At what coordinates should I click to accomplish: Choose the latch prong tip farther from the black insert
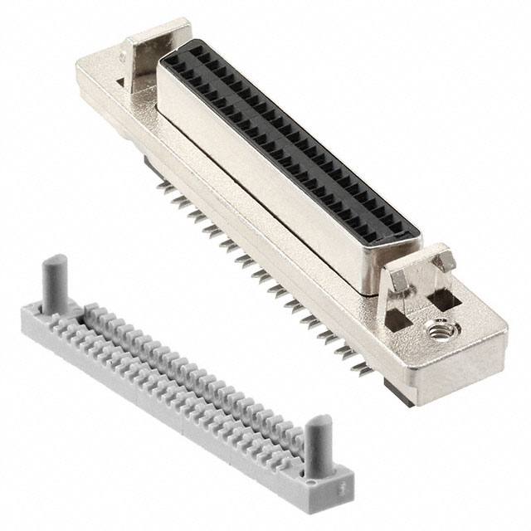point(449,257)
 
